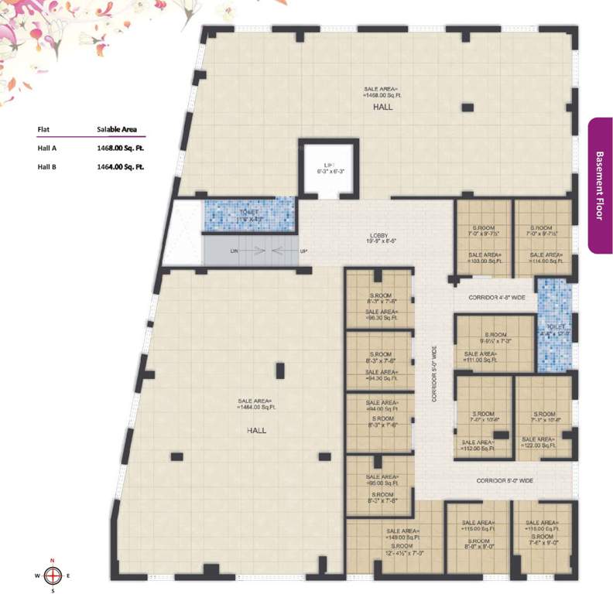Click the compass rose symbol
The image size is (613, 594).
(53, 574)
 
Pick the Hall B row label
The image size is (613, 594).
(48, 166)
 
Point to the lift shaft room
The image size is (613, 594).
(328, 167)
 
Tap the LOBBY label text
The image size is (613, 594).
(378, 236)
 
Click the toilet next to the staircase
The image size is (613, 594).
(249, 216)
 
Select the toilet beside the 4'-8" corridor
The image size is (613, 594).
(554, 326)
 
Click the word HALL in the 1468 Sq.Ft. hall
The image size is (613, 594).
(382, 108)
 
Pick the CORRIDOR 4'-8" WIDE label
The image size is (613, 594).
(497, 297)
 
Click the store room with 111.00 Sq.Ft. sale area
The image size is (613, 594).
(492, 345)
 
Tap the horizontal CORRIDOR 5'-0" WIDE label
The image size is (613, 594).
(505, 480)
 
